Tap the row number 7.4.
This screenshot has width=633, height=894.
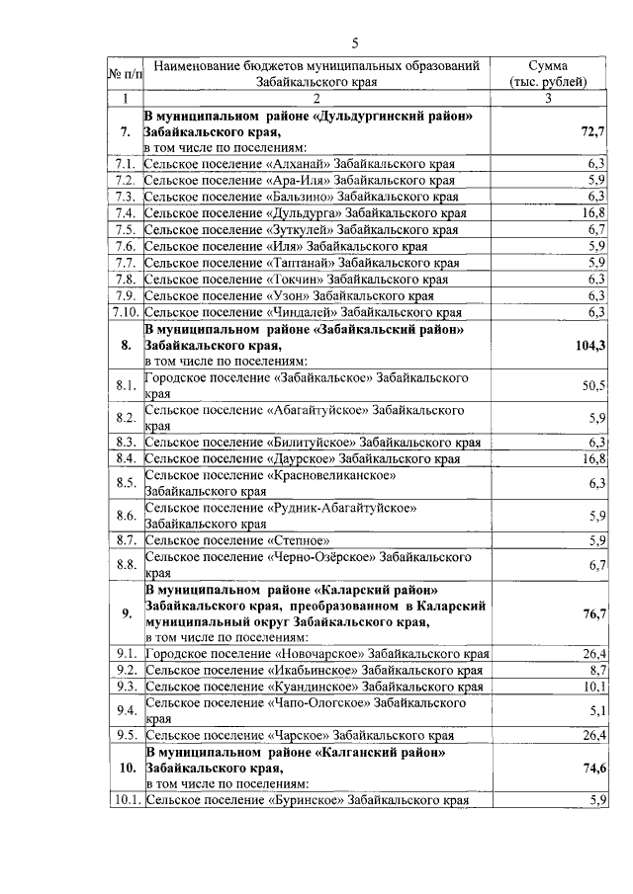[125, 212]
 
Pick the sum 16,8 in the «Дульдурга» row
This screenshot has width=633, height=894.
[593, 212]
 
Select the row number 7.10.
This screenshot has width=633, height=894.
[125, 311]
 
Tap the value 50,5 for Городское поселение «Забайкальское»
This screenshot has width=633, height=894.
[593, 385]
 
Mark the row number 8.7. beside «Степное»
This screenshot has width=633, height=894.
[125, 540]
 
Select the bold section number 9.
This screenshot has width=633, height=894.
[126, 613]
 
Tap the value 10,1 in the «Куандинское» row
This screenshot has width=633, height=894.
[593, 687]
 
